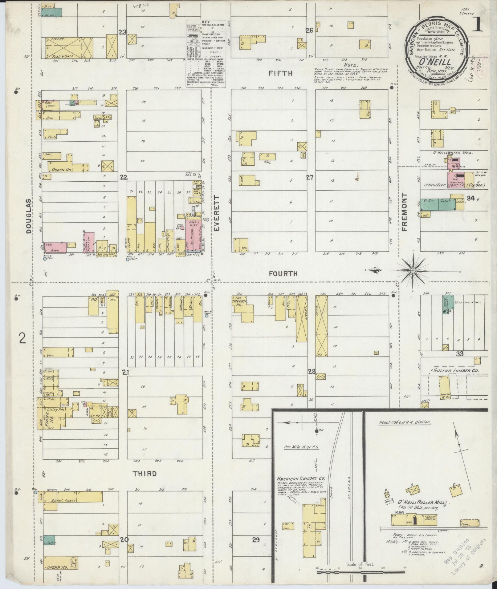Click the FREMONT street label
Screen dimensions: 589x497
click(405, 212)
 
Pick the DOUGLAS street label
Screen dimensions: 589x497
click(28, 216)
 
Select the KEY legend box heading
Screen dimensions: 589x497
click(205, 22)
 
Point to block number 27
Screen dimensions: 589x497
click(310, 177)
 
